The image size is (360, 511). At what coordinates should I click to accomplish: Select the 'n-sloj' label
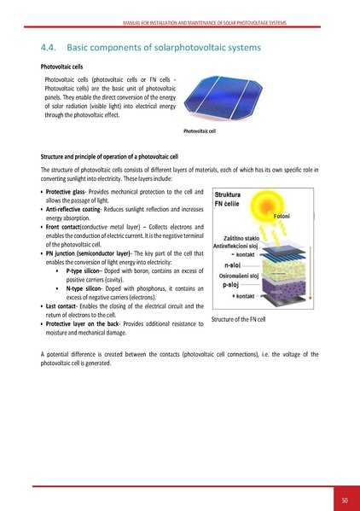pyautogui.click(x=230, y=265)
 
